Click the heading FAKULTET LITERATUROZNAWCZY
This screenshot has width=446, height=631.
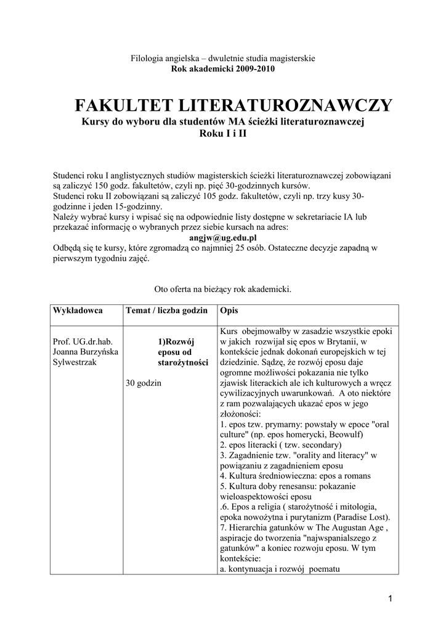[233, 105]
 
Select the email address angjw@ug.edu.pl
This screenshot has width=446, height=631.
[222, 237]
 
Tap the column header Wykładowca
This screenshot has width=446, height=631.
[78, 309]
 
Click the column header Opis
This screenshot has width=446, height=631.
[229, 309]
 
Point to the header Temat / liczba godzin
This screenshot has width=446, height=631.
[166, 309]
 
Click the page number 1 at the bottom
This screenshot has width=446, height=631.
[390, 598]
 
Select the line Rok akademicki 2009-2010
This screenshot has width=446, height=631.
[222, 68]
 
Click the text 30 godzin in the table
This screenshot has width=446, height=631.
[144, 383]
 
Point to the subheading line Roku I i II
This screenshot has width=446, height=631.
[223, 133]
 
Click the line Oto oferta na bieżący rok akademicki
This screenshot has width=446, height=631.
[222, 288]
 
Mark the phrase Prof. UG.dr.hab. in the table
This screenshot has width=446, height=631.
[83, 341]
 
